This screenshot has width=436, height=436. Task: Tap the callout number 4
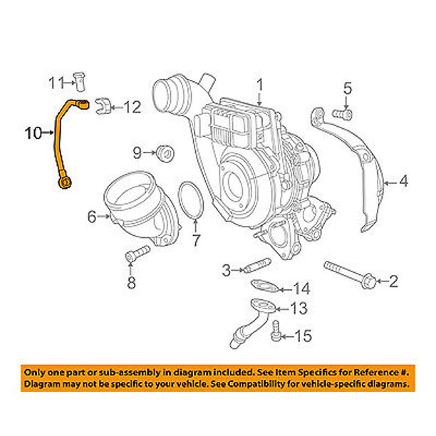403,182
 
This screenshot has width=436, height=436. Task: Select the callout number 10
33,133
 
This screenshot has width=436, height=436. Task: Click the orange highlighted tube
59,142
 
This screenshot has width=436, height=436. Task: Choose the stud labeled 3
254,269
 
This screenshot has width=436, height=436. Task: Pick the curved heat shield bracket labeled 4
356,171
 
